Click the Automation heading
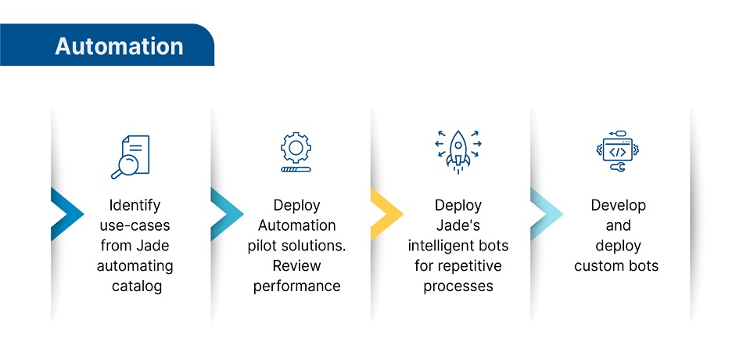(119, 46)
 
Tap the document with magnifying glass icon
(130, 157)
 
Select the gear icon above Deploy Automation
(296, 152)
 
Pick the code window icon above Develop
(618, 150)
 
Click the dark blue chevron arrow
(67, 214)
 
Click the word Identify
(135, 205)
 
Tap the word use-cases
(135, 225)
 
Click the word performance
(296, 286)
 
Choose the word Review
(296, 266)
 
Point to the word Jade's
(458, 225)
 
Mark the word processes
(458, 286)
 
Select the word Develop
(618, 205)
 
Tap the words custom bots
(616, 266)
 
